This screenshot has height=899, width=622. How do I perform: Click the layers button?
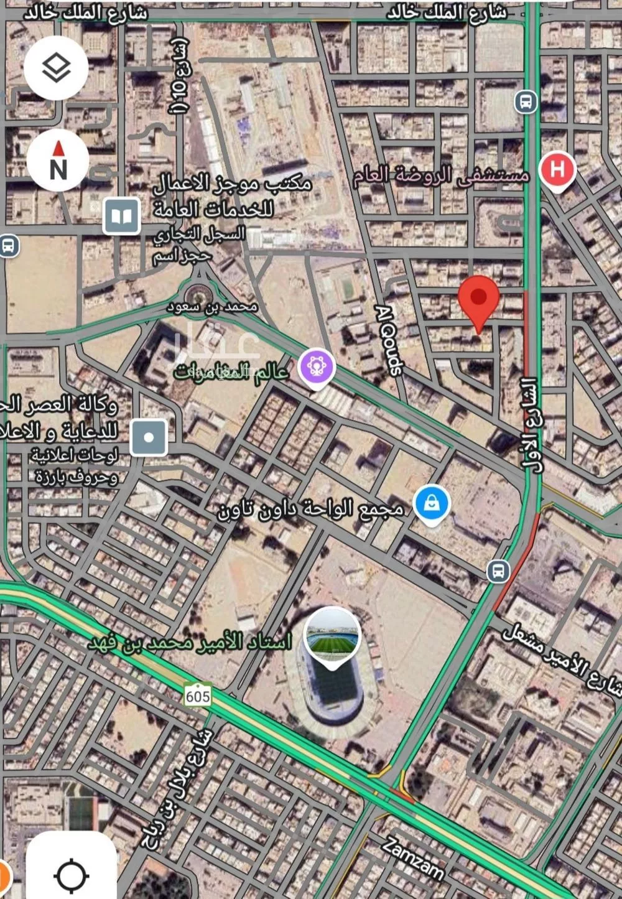tap(55, 68)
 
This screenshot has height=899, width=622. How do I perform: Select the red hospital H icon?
tap(557, 169)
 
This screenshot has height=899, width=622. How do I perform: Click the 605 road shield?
tap(197, 696)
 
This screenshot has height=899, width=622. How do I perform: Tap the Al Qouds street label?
tap(389, 339)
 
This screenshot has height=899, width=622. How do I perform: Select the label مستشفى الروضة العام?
tap(441, 176)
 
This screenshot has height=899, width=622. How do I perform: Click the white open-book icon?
tap(121, 216)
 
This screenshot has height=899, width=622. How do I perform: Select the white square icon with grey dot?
tap(149, 437)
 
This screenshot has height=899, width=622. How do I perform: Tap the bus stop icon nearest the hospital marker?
tap(526, 101)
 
